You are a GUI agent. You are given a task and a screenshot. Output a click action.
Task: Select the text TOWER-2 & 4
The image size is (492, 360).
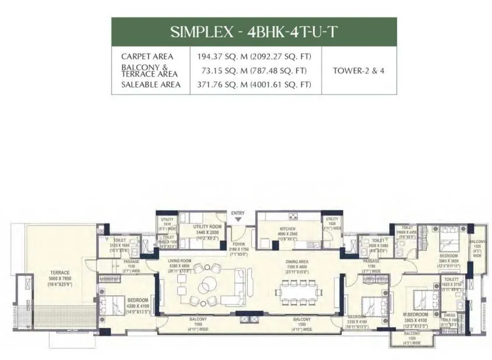pyautogui.click(x=359, y=71)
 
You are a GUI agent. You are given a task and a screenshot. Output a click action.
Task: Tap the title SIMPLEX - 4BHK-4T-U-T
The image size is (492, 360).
pyautogui.click(x=254, y=31)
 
